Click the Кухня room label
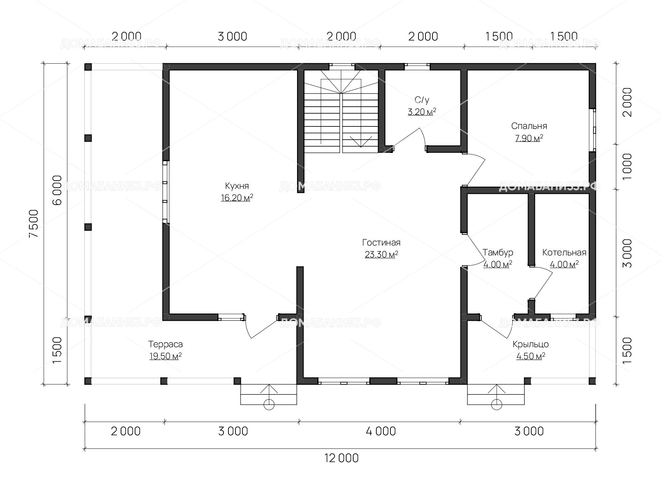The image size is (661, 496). point(237,186)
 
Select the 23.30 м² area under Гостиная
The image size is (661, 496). point(381,255)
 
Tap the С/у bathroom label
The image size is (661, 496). point(422,100)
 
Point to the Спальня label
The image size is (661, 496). point(529,126)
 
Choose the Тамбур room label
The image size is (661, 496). point(498,253)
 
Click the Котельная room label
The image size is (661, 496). point(564,253)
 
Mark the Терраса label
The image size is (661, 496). point(165,344)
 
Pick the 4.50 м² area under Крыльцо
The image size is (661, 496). point(530,356)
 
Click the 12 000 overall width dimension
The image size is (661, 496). point(342,458)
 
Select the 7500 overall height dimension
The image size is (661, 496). point(34,224)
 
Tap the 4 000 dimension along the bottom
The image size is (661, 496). point(380,431)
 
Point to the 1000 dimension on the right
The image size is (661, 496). point(627,167)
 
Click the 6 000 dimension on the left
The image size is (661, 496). point(57,190)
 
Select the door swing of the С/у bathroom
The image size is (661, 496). point(409,139)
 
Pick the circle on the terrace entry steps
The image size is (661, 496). point(269,405)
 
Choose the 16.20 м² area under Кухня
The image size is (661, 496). point(237,198)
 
